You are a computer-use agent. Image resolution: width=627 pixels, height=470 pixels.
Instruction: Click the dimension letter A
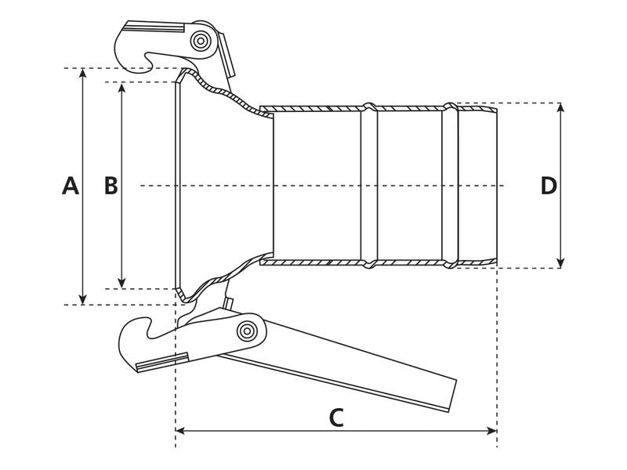click(71, 186)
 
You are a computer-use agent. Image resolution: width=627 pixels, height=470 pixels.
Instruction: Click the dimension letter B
click(111, 186)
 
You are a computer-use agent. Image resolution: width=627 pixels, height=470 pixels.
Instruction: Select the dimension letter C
click(335, 418)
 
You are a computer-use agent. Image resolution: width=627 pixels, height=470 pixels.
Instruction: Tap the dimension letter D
click(549, 186)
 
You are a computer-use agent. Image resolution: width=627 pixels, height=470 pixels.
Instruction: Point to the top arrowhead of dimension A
click(84, 73)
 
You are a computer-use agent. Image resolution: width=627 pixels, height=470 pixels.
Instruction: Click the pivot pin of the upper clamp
click(201, 41)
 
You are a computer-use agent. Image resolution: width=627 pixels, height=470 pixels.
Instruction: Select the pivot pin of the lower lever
click(248, 331)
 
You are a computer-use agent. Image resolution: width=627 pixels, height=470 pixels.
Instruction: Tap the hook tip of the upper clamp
click(149, 57)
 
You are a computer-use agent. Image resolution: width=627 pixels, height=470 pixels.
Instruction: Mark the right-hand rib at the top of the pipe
click(450, 107)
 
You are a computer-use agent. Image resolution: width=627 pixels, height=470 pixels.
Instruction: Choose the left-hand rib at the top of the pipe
click(369, 107)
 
